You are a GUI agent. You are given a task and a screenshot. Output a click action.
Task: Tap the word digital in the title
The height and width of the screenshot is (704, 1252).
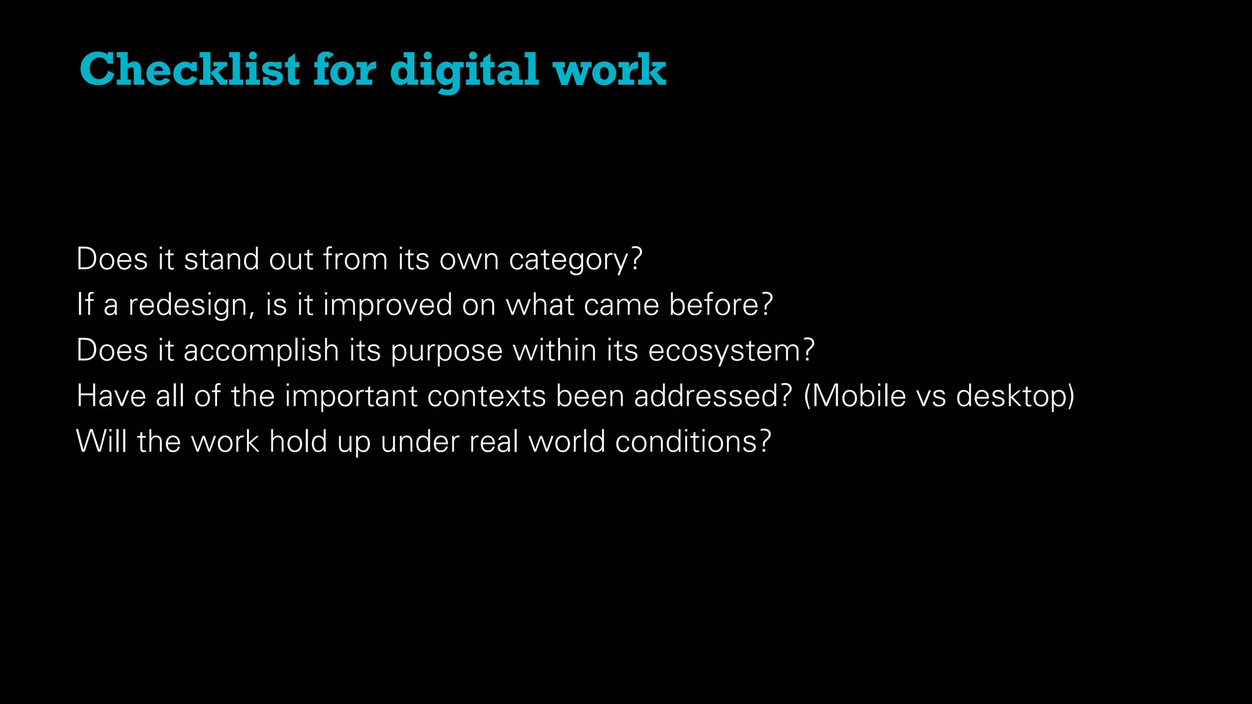click(465, 70)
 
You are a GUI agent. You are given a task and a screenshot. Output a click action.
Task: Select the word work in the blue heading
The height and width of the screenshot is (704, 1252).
click(609, 70)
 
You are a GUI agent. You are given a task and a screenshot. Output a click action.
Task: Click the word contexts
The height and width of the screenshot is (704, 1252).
click(486, 397)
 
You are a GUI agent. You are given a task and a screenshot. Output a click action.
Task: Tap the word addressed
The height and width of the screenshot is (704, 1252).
click(705, 396)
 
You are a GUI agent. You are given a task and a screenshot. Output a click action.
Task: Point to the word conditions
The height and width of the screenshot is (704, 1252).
click(687, 441)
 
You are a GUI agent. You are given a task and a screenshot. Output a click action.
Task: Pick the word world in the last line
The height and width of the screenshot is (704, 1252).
click(567, 441)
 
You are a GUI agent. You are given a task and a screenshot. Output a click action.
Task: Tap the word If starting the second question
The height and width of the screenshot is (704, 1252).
click(85, 304)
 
